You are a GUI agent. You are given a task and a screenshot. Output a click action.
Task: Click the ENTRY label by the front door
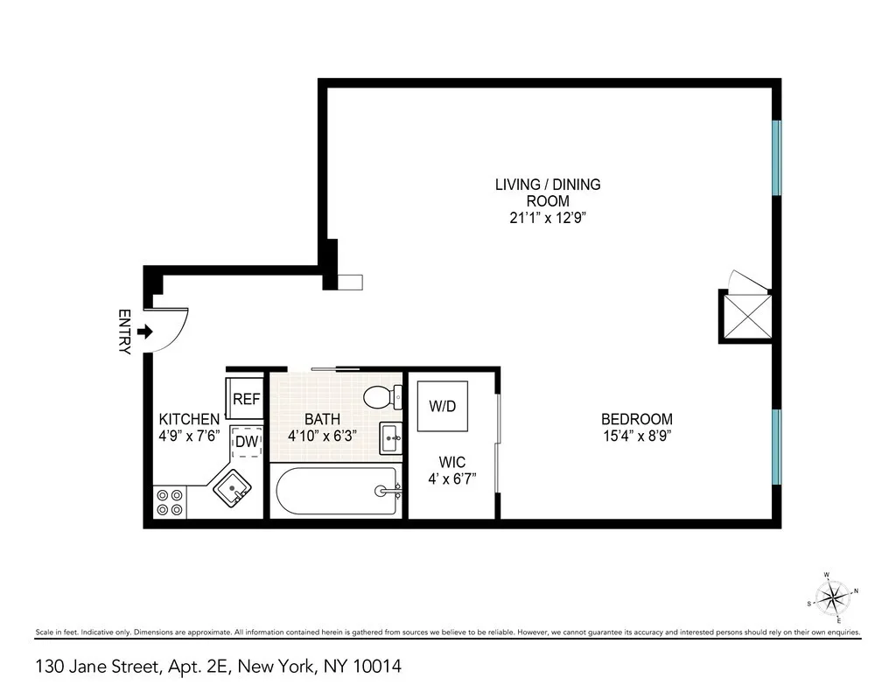pyautogui.click(x=124, y=332)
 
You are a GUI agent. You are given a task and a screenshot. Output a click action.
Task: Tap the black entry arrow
pyautogui.click(x=146, y=332)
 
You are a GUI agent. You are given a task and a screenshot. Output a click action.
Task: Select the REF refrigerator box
pyautogui.click(x=247, y=399)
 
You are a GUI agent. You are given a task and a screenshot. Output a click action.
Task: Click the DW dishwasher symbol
pyautogui.click(x=247, y=442)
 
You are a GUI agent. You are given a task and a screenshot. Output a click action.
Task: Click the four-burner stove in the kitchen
pyautogui.click(x=170, y=501)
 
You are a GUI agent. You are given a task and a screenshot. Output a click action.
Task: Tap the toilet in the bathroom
pyautogui.click(x=381, y=397)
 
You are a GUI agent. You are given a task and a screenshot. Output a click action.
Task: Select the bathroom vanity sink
pyautogui.click(x=390, y=436)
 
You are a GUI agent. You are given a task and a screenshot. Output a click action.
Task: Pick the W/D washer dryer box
pyautogui.click(x=442, y=407)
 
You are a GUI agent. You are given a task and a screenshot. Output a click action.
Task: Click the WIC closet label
pyautogui.click(x=451, y=462)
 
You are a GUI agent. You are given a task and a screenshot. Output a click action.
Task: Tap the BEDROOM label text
pyautogui.click(x=636, y=419)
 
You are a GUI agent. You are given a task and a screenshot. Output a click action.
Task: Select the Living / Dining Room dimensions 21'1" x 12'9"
pyautogui.click(x=547, y=218)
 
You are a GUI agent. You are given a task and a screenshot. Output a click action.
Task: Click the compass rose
pyautogui.click(x=832, y=598)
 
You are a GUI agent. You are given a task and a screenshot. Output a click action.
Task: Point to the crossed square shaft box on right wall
pyautogui.click(x=745, y=316)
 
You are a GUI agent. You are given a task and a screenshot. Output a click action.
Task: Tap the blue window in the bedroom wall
pyautogui.click(x=776, y=446)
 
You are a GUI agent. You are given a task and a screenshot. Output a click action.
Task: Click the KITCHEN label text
pyautogui.click(x=188, y=419)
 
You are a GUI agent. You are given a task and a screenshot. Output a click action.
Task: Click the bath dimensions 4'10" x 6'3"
pyautogui.click(x=322, y=435)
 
